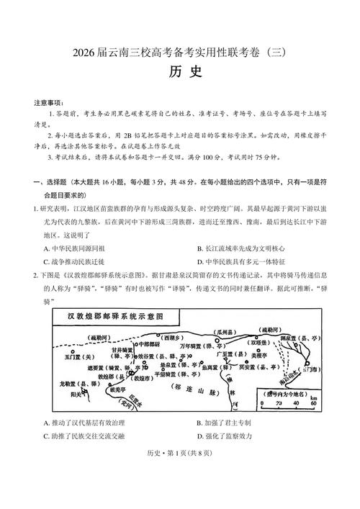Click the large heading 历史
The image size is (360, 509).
[x=179, y=72]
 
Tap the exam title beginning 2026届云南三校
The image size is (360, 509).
[x=180, y=53]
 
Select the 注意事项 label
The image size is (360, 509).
[x=48, y=103]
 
